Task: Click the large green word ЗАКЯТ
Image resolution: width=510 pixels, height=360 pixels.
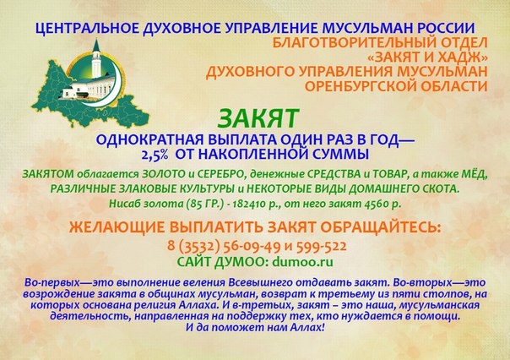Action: coord(258,118)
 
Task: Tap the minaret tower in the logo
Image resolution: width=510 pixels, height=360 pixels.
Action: coord(95,59)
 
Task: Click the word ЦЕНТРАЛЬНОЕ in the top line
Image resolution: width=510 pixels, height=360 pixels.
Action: coord(87,29)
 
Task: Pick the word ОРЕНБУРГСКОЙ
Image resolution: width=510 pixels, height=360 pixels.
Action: coord(367,86)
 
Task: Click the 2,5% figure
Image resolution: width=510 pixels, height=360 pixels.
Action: coord(155,155)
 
